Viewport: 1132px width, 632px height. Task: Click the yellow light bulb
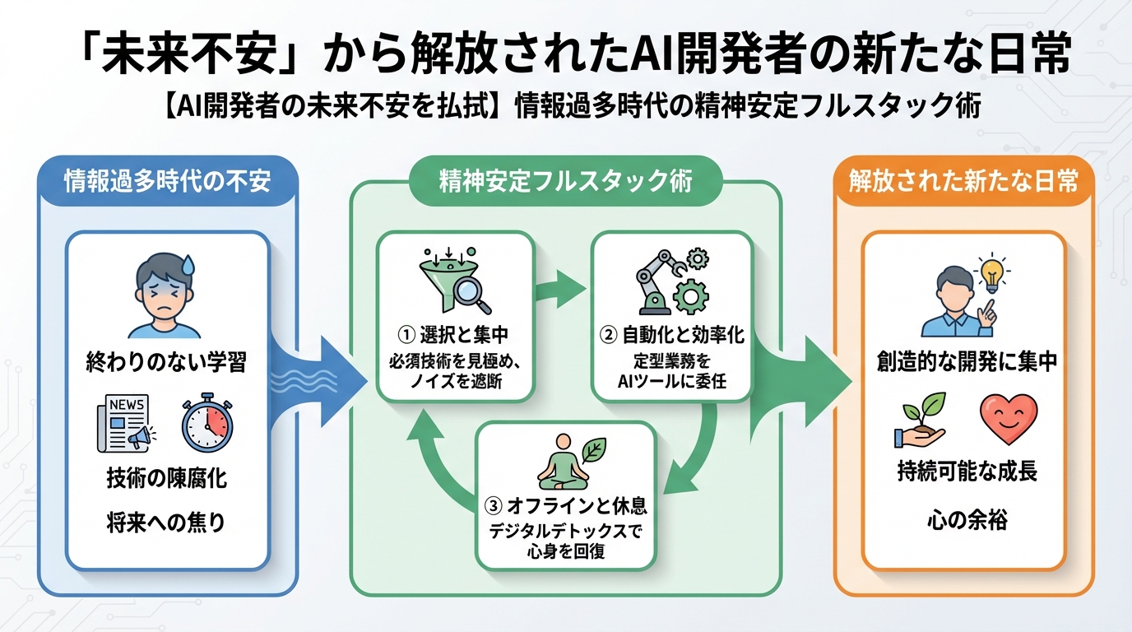pyautogui.click(x=991, y=272)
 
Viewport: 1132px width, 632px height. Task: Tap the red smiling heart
pyautogui.click(x=1009, y=419)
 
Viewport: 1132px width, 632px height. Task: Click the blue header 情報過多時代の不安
pyautogui.click(x=167, y=180)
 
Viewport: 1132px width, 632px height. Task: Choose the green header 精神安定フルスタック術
pyautogui.click(x=565, y=181)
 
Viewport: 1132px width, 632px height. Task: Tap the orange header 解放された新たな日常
pyautogui.click(x=963, y=180)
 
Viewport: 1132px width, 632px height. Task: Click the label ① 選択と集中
pyautogui.click(x=454, y=335)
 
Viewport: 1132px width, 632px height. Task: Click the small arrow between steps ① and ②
pyautogui.click(x=562, y=290)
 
